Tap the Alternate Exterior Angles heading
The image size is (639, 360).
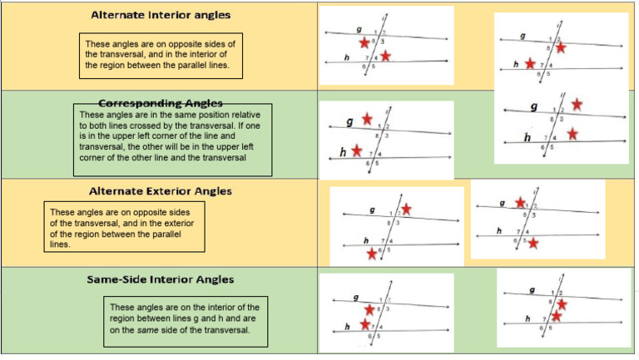[x=160, y=190]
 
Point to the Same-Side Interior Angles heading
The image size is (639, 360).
[x=160, y=279]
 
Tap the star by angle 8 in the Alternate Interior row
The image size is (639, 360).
[x=364, y=42]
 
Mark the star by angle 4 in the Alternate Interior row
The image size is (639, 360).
[x=386, y=56]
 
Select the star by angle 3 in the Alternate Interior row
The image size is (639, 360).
[x=561, y=48]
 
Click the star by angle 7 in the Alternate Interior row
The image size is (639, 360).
[x=530, y=63]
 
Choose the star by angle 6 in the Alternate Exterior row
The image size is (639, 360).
[x=371, y=253]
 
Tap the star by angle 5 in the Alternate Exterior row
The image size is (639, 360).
[x=533, y=243]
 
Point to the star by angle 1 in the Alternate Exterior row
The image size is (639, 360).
[x=520, y=202]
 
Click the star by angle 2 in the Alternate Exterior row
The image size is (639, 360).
[x=405, y=210]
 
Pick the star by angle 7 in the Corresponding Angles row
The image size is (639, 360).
[x=357, y=150]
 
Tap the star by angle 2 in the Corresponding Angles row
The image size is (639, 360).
[x=577, y=104]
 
